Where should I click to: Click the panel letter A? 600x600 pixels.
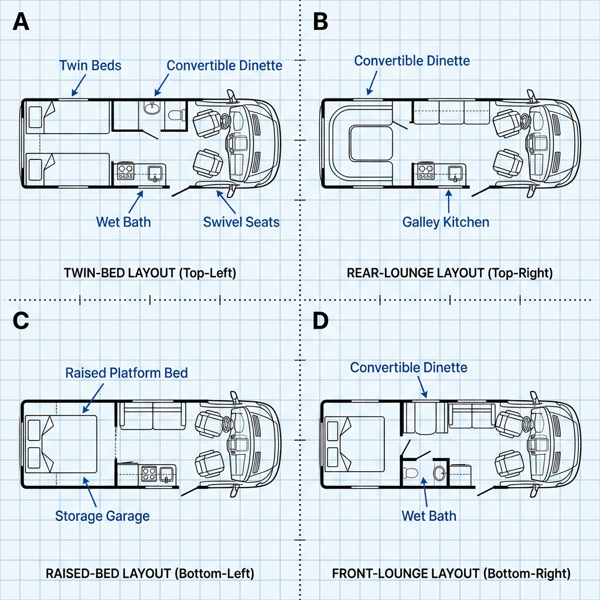(21, 22)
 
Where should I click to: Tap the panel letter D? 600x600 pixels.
(321, 321)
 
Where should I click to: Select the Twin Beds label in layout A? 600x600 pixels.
(90, 65)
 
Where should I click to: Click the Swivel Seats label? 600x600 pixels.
(241, 222)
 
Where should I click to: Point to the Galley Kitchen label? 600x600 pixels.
(445, 222)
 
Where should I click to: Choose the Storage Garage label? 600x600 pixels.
(102, 516)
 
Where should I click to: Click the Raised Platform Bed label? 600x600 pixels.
(127, 373)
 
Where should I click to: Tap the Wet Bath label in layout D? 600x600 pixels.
(428, 516)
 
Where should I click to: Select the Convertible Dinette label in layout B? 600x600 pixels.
(412, 60)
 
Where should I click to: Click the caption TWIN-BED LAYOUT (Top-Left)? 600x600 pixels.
(149, 273)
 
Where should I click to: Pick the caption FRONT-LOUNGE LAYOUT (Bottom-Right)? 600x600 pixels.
(451, 573)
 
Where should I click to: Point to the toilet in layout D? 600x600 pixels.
(411, 473)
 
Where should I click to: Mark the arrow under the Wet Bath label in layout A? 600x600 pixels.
(135, 201)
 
